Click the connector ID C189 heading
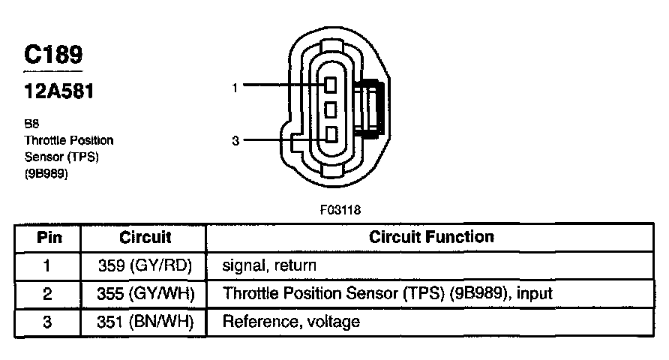tap(52, 54)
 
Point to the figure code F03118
tap(340, 210)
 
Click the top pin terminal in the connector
tap(329, 87)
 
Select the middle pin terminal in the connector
tap(329, 112)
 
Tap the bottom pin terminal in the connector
tap(329, 136)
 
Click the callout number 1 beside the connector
tap(235, 88)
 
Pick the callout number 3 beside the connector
tap(235, 139)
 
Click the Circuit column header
tap(145, 238)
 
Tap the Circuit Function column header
tap(431, 238)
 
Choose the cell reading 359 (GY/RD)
tap(145, 265)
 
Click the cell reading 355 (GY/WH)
tap(145, 294)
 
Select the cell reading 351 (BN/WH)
tap(145, 322)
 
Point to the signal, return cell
tap(269, 265)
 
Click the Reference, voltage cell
tap(292, 322)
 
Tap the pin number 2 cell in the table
tap(48, 294)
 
